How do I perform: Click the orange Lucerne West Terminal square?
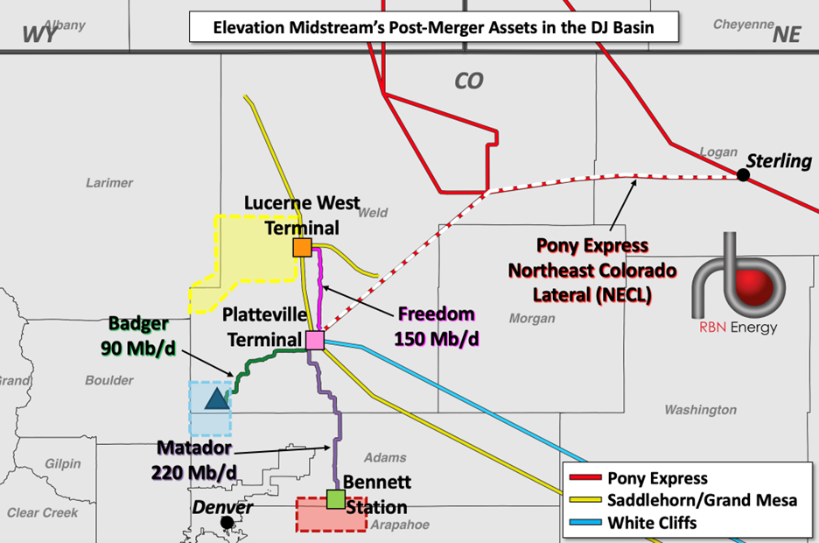click(x=302, y=248)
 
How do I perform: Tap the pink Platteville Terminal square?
click(x=314, y=340)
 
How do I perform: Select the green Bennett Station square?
click(x=334, y=500)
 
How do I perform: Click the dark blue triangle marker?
click(x=214, y=400)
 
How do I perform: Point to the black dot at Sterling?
click(x=743, y=175)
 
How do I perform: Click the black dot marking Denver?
click(x=227, y=522)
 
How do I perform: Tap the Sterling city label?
click(x=779, y=161)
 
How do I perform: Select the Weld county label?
click(x=373, y=212)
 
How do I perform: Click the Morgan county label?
click(x=532, y=318)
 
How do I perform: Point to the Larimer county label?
click(x=109, y=183)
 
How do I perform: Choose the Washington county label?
click(x=700, y=410)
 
